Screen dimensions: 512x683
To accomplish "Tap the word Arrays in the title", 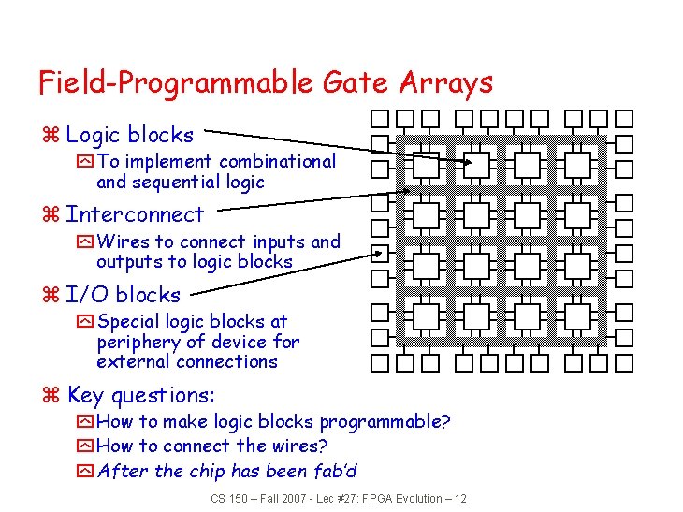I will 445,83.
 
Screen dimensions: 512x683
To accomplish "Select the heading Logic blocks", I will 129,135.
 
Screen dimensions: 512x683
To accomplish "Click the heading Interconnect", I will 135,214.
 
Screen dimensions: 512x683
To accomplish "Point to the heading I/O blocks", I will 124,295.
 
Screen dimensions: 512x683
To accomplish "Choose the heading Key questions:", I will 140,395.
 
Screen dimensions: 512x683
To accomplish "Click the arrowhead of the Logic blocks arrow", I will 467,163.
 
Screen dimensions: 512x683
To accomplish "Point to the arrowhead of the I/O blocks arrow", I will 382,252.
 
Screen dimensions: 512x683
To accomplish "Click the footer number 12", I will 459,499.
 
